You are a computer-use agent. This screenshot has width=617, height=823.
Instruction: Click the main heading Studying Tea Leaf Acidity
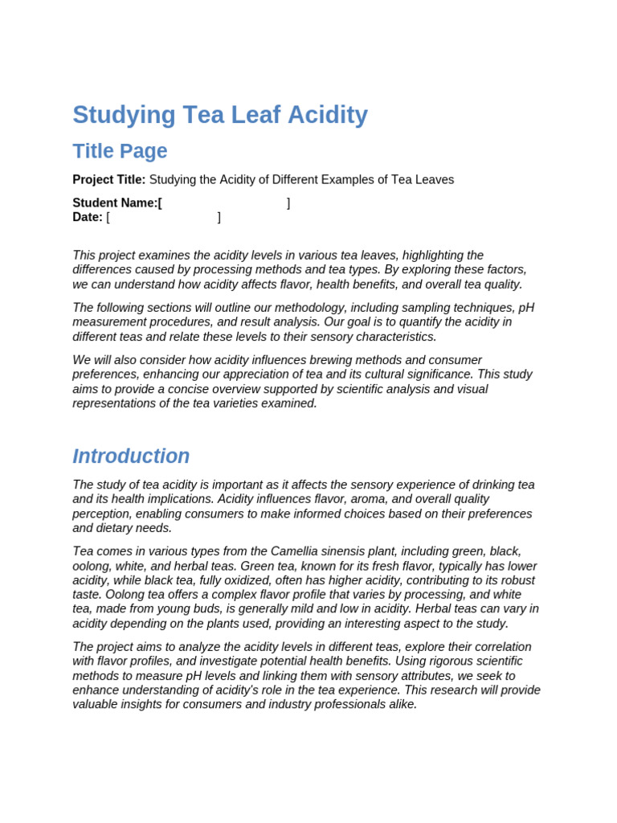click(x=220, y=116)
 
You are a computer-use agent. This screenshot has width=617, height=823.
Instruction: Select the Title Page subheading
click(x=120, y=151)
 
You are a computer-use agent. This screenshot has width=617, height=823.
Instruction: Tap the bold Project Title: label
click(x=109, y=180)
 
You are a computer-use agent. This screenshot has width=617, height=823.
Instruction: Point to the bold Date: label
click(x=88, y=217)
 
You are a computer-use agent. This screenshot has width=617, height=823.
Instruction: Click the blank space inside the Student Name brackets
click(x=224, y=203)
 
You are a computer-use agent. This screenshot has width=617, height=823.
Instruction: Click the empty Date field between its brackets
click(x=163, y=217)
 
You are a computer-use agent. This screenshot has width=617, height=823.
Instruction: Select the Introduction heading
click(x=131, y=457)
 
